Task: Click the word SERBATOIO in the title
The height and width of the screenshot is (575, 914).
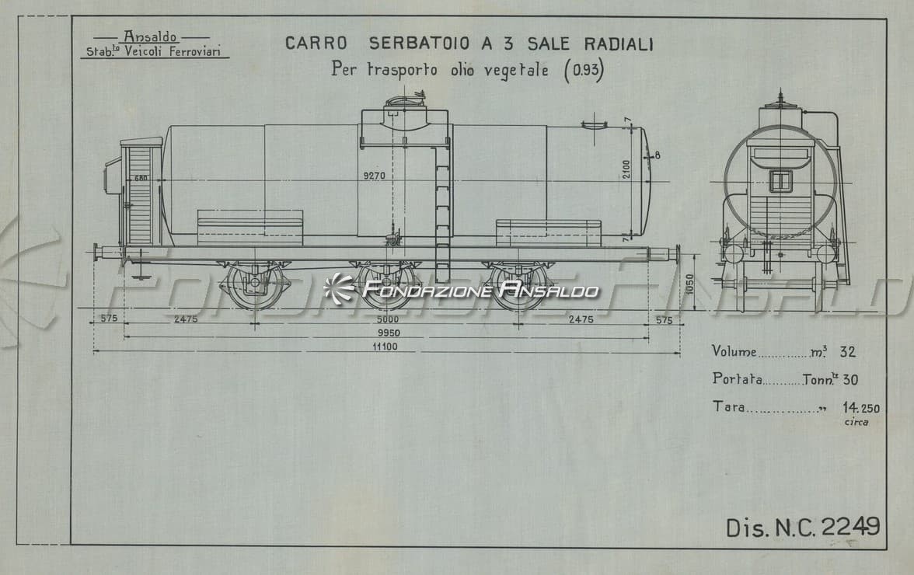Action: (418, 44)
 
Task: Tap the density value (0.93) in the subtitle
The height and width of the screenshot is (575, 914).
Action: (584, 71)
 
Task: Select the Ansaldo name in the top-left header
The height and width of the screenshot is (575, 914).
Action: (151, 37)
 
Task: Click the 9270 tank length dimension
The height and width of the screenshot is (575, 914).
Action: (375, 176)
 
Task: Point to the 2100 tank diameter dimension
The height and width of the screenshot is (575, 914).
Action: (626, 169)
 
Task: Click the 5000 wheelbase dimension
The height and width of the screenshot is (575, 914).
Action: (388, 319)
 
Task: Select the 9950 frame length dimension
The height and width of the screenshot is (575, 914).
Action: (389, 333)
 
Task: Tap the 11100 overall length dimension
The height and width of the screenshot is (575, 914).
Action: (385, 347)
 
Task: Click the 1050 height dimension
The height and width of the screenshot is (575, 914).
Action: (690, 284)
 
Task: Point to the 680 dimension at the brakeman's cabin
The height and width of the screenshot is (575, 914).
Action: (141, 178)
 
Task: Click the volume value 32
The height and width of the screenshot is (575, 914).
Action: (847, 352)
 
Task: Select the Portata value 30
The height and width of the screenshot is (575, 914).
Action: (850, 380)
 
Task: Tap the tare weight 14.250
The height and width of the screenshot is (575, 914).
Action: (861, 408)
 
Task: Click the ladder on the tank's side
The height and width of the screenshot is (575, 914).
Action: (443, 213)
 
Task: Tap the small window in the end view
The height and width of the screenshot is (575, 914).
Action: (781, 180)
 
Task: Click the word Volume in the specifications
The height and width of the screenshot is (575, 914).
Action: (734, 351)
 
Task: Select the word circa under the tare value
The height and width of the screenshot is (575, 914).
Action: (856, 423)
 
